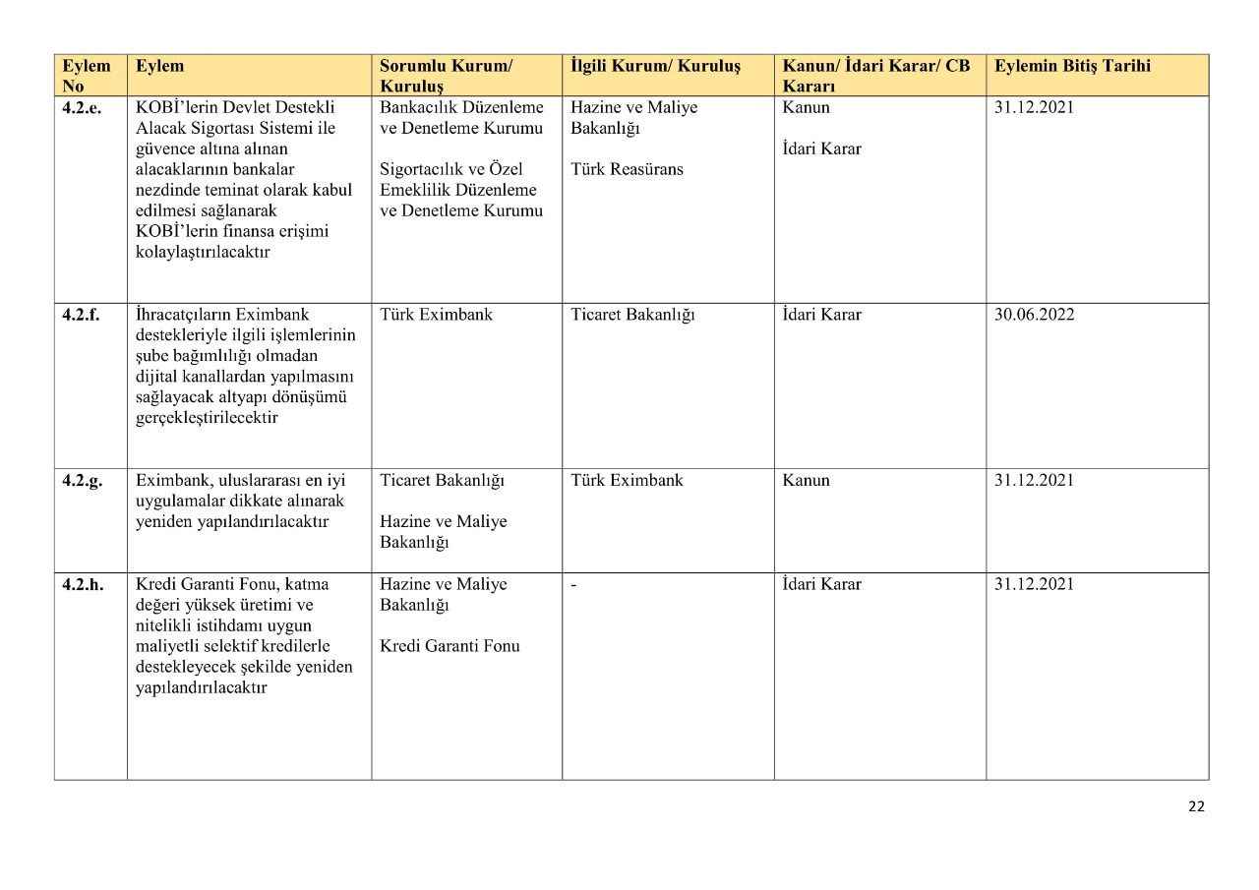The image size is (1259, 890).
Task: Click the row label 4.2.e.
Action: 82,107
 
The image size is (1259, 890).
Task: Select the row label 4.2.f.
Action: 82,315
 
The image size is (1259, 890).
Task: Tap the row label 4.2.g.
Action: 82,481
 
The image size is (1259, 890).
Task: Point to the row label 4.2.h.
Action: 83,584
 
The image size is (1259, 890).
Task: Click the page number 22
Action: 1196,806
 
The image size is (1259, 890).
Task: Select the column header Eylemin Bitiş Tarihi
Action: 1072,66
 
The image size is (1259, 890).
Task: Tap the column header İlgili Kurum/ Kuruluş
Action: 655,66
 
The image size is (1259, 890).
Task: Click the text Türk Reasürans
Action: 627,169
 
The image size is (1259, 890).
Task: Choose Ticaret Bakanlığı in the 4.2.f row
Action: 632,315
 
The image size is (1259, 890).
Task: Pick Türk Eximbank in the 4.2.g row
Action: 627,481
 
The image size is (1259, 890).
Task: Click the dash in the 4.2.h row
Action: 573,584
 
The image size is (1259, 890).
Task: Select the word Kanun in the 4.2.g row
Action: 806,481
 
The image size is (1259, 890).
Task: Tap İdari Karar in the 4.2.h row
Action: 821,584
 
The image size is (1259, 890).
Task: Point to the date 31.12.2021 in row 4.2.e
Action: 1034,107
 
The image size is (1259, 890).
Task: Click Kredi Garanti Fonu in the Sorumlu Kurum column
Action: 450,646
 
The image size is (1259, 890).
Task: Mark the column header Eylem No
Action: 86,76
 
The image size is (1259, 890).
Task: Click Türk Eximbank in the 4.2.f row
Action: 436,315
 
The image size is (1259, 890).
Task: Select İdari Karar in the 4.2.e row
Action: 821,149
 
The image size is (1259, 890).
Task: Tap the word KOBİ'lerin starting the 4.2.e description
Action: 173,107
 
